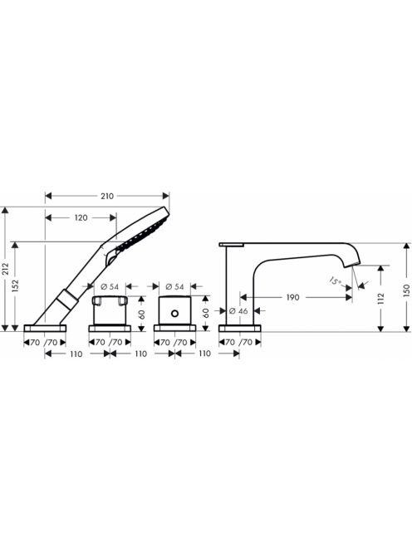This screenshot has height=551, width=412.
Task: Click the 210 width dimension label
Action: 107,196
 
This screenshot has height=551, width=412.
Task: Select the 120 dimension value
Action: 81,218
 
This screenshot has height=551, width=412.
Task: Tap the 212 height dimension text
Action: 5,269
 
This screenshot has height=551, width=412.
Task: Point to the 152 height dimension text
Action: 15,285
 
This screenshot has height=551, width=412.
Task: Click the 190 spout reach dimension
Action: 292,298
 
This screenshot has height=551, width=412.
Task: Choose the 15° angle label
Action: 335,281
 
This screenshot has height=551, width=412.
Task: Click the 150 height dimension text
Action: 406,290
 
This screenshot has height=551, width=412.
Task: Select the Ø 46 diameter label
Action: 238,311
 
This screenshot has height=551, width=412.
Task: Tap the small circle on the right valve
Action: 174,313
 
